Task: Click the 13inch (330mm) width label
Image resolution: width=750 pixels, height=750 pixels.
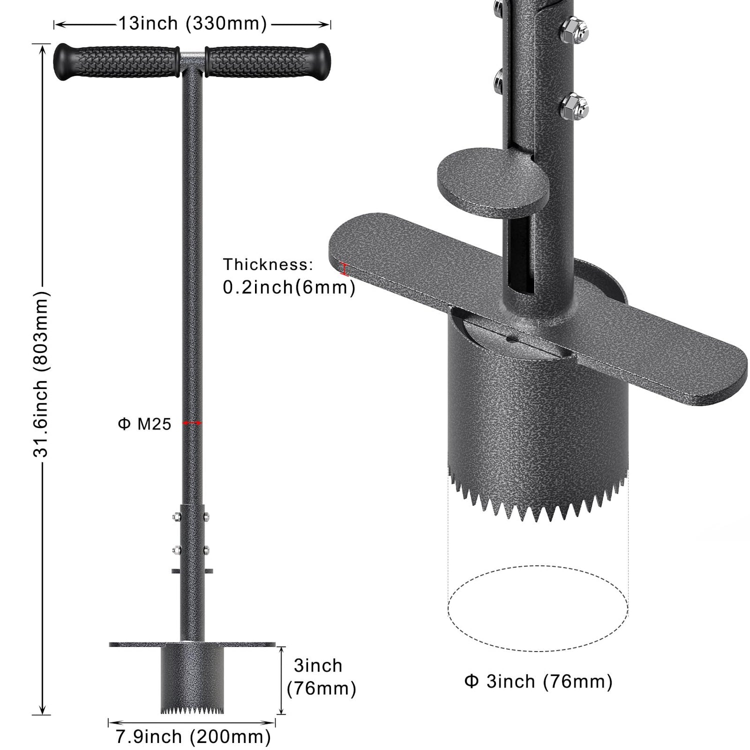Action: (x=192, y=23)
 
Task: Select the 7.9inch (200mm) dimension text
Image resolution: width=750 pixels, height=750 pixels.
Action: (x=193, y=736)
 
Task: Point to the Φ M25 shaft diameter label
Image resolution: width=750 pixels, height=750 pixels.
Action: (x=144, y=424)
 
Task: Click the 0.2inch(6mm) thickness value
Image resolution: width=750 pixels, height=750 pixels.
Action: (x=289, y=287)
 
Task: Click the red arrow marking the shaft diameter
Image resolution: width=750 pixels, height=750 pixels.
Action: (x=192, y=423)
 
